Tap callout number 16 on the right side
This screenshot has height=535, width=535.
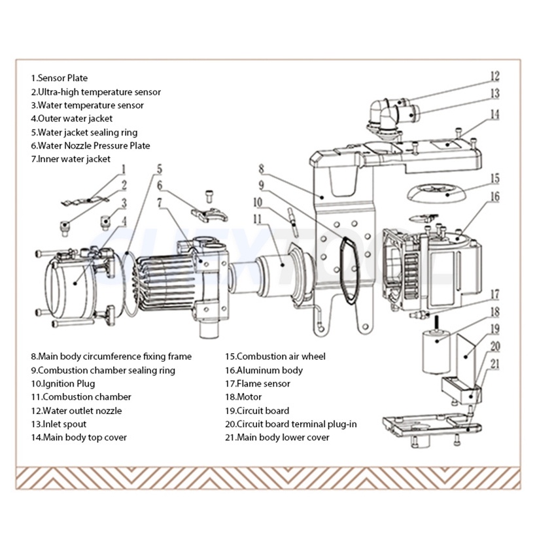495,196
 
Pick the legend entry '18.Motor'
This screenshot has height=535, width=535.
243,397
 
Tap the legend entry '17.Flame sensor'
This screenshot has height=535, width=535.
258,383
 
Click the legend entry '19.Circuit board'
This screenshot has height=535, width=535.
257,411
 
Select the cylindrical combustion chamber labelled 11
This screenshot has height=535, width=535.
279,264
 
